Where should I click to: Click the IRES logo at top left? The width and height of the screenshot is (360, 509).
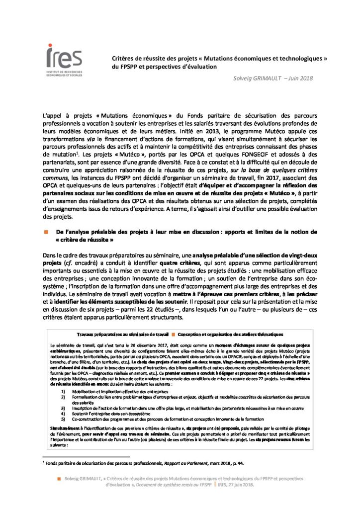pyautogui.click(x=64, y=62)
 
